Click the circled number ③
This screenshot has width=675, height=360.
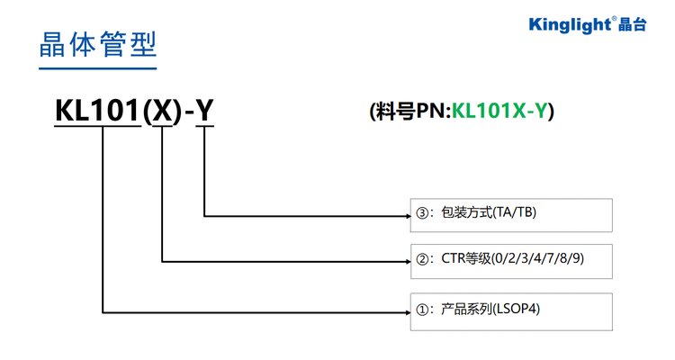(x=423, y=213)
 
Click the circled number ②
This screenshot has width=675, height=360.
(x=423, y=261)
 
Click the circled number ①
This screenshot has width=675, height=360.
(x=423, y=309)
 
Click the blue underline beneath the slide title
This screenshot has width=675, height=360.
(x=97, y=68)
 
